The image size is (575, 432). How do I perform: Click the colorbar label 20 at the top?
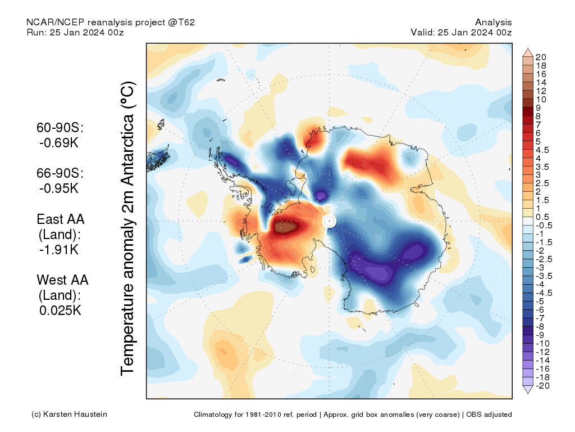coord(541,57)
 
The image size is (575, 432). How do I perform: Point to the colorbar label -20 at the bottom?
coord(542,385)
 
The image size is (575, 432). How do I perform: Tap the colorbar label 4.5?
coord(542,150)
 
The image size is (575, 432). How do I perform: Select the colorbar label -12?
coord(542,352)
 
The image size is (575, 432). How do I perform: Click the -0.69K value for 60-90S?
coord(59,143)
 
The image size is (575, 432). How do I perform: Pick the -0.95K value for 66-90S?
coord(59,188)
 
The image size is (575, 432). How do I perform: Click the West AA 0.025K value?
coord(61,310)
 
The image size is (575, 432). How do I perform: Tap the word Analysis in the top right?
coord(493,22)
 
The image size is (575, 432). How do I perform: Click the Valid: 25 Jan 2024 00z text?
coord(461,32)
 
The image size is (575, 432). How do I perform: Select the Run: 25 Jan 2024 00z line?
coord(75,32)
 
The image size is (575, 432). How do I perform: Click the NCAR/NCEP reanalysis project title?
coord(111,22)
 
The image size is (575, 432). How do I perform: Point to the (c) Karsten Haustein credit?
coord(69,415)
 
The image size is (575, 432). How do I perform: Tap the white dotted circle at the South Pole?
coord(329,221)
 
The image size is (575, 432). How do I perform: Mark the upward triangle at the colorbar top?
coord(528,52)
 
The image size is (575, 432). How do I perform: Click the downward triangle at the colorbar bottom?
coord(528,390)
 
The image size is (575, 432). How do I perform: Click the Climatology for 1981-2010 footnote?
coord(353,415)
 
